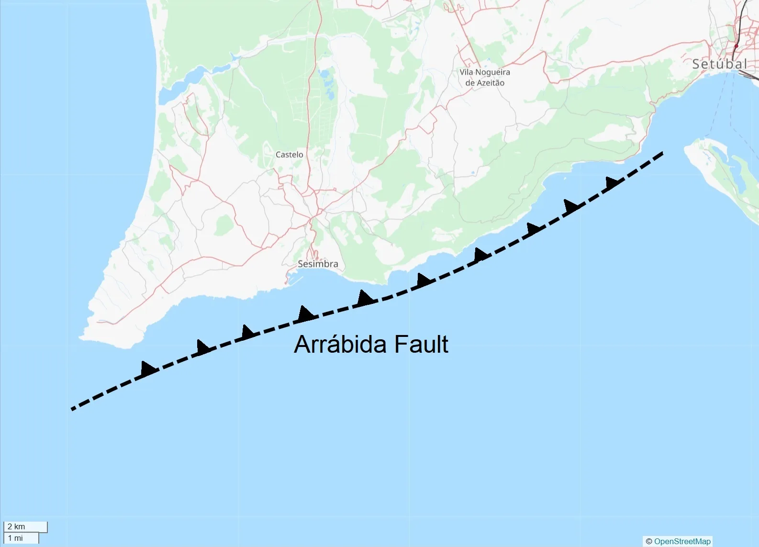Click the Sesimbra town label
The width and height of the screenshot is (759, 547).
coord(318,264)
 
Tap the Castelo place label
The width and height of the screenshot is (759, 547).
coord(289,155)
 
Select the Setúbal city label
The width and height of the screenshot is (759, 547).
coord(719,64)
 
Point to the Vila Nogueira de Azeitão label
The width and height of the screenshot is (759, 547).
coord(485,77)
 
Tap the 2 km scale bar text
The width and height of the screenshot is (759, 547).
coord(16,526)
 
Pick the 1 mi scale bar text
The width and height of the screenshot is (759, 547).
coord(15,538)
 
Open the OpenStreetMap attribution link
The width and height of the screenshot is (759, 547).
coord(682,541)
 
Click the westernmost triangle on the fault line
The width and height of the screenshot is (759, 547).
coord(148,368)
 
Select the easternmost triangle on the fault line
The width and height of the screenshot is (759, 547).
coord(612,182)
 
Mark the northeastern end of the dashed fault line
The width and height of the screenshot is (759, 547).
coord(662,153)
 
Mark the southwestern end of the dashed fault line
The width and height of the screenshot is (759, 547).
coord(72,409)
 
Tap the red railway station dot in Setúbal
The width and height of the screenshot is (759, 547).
coord(737,46)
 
